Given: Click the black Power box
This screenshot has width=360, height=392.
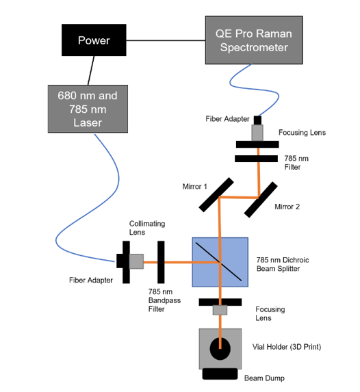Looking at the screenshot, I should pyautogui.click(x=94, y=40).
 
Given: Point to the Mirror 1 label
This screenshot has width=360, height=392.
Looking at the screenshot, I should pyautogui.click(x=194, y=185).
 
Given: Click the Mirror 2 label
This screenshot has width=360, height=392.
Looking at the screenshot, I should pyautogui.click(x=287, y=206).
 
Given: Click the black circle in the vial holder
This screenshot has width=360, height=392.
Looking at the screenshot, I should pyautogui.click(x=220, y=348).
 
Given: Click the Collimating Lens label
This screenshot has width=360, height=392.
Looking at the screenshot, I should pyautogui.click(x=147, y=228).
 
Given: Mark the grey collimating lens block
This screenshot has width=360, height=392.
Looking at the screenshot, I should pyautogui.click(x=136, y=261).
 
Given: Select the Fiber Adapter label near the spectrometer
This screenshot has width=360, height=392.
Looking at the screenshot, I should pyautogui.click(x=224, y=119).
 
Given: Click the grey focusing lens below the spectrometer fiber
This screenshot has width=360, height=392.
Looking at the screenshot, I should pyautogui.click(x=258, y=132).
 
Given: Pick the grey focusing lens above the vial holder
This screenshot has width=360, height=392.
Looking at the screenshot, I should pyautogui.click(x=220, y=311).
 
